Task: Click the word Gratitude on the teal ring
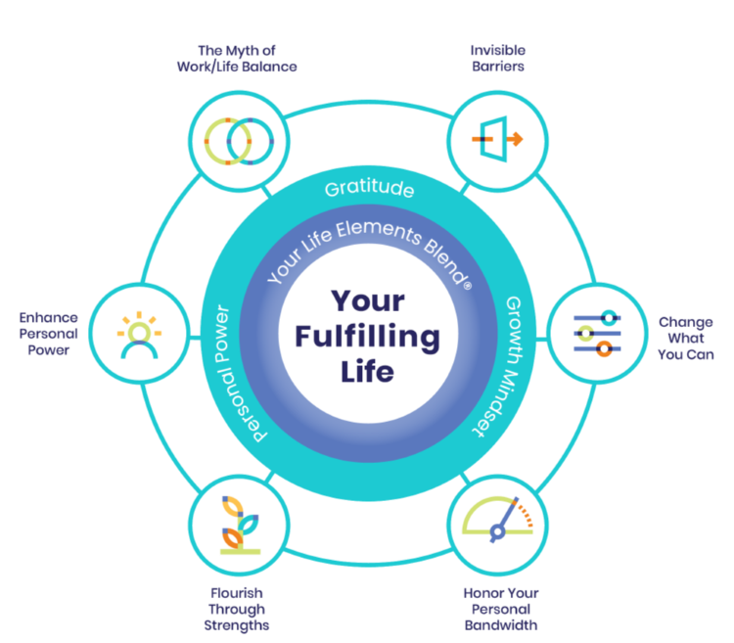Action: click(368, 189)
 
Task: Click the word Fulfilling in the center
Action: click(368, 337)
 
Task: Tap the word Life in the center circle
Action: click(368, 372)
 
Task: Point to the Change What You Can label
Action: click(684, 338)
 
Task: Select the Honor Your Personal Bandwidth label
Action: click(500, 609)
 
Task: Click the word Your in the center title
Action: click(368, 301)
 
